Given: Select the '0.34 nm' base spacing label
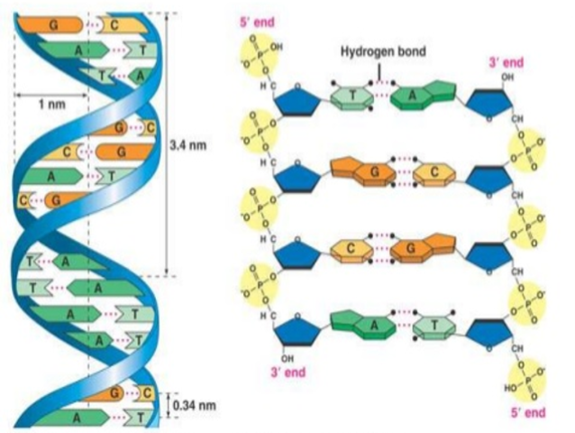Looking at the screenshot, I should pyautogui.click(x=194, y=404).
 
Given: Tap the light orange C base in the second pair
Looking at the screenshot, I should pyautogui.click(x=422, y=171).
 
